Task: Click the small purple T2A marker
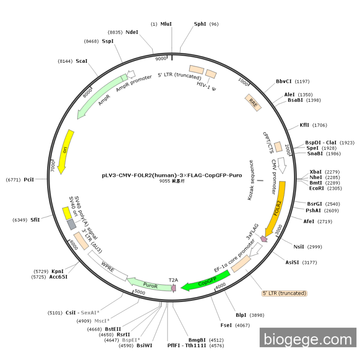pos(173,287)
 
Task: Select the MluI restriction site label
pos(166,24)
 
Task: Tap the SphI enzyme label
pos(200,24)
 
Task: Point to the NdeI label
pos(132,32)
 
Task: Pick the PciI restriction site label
pos(29,179)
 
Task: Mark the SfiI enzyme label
pos(35,220)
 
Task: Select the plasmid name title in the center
pos(172,175)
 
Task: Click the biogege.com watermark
pos(308,339)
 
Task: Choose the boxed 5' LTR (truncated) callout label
pos(284,293)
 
